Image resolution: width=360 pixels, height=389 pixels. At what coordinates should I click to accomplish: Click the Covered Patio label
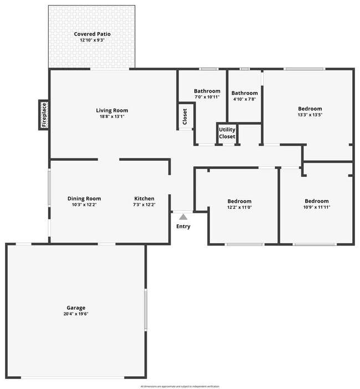click(92, 34)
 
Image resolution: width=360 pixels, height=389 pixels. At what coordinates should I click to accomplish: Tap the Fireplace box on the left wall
click(44, 115)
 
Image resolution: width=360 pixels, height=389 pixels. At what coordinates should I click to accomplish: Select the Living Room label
click(112, 110)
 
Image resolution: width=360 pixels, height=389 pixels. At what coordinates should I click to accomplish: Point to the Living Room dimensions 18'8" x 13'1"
click(112, 117)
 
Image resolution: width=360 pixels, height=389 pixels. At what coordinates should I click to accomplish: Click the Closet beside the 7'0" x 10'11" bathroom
click(185, 116)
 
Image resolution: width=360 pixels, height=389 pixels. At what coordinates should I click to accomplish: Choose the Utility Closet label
click(227, 133)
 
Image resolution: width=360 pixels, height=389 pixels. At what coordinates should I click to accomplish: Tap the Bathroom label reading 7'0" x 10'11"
click(207, 91)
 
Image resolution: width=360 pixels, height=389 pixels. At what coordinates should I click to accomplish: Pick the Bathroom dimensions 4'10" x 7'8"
click(244, 100)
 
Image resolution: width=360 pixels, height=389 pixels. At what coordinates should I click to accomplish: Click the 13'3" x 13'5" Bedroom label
click(310, 109)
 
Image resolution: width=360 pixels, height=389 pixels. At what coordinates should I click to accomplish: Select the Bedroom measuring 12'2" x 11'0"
click(239, 201)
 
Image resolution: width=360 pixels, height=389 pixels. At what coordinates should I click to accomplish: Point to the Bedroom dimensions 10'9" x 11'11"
click(317, 208)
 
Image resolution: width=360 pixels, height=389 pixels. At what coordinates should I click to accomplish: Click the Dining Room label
click(84, 198)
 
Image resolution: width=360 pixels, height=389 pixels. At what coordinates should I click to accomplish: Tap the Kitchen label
click(145, 198)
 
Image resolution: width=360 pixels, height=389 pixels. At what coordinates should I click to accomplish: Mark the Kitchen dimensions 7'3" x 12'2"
click(145, 205)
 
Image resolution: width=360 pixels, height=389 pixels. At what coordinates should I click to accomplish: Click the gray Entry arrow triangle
click(183, 217)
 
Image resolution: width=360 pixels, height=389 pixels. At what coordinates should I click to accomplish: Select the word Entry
click(183, 226)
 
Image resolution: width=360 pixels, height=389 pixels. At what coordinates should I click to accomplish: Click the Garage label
click(76, 308)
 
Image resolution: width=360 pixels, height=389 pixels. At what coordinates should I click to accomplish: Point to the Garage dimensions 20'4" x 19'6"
click(76, 314)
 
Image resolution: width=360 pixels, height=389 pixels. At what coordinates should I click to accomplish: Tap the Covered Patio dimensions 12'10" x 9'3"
click(92, 40)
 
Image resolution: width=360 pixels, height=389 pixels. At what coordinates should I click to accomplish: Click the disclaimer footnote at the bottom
click(180, 386)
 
